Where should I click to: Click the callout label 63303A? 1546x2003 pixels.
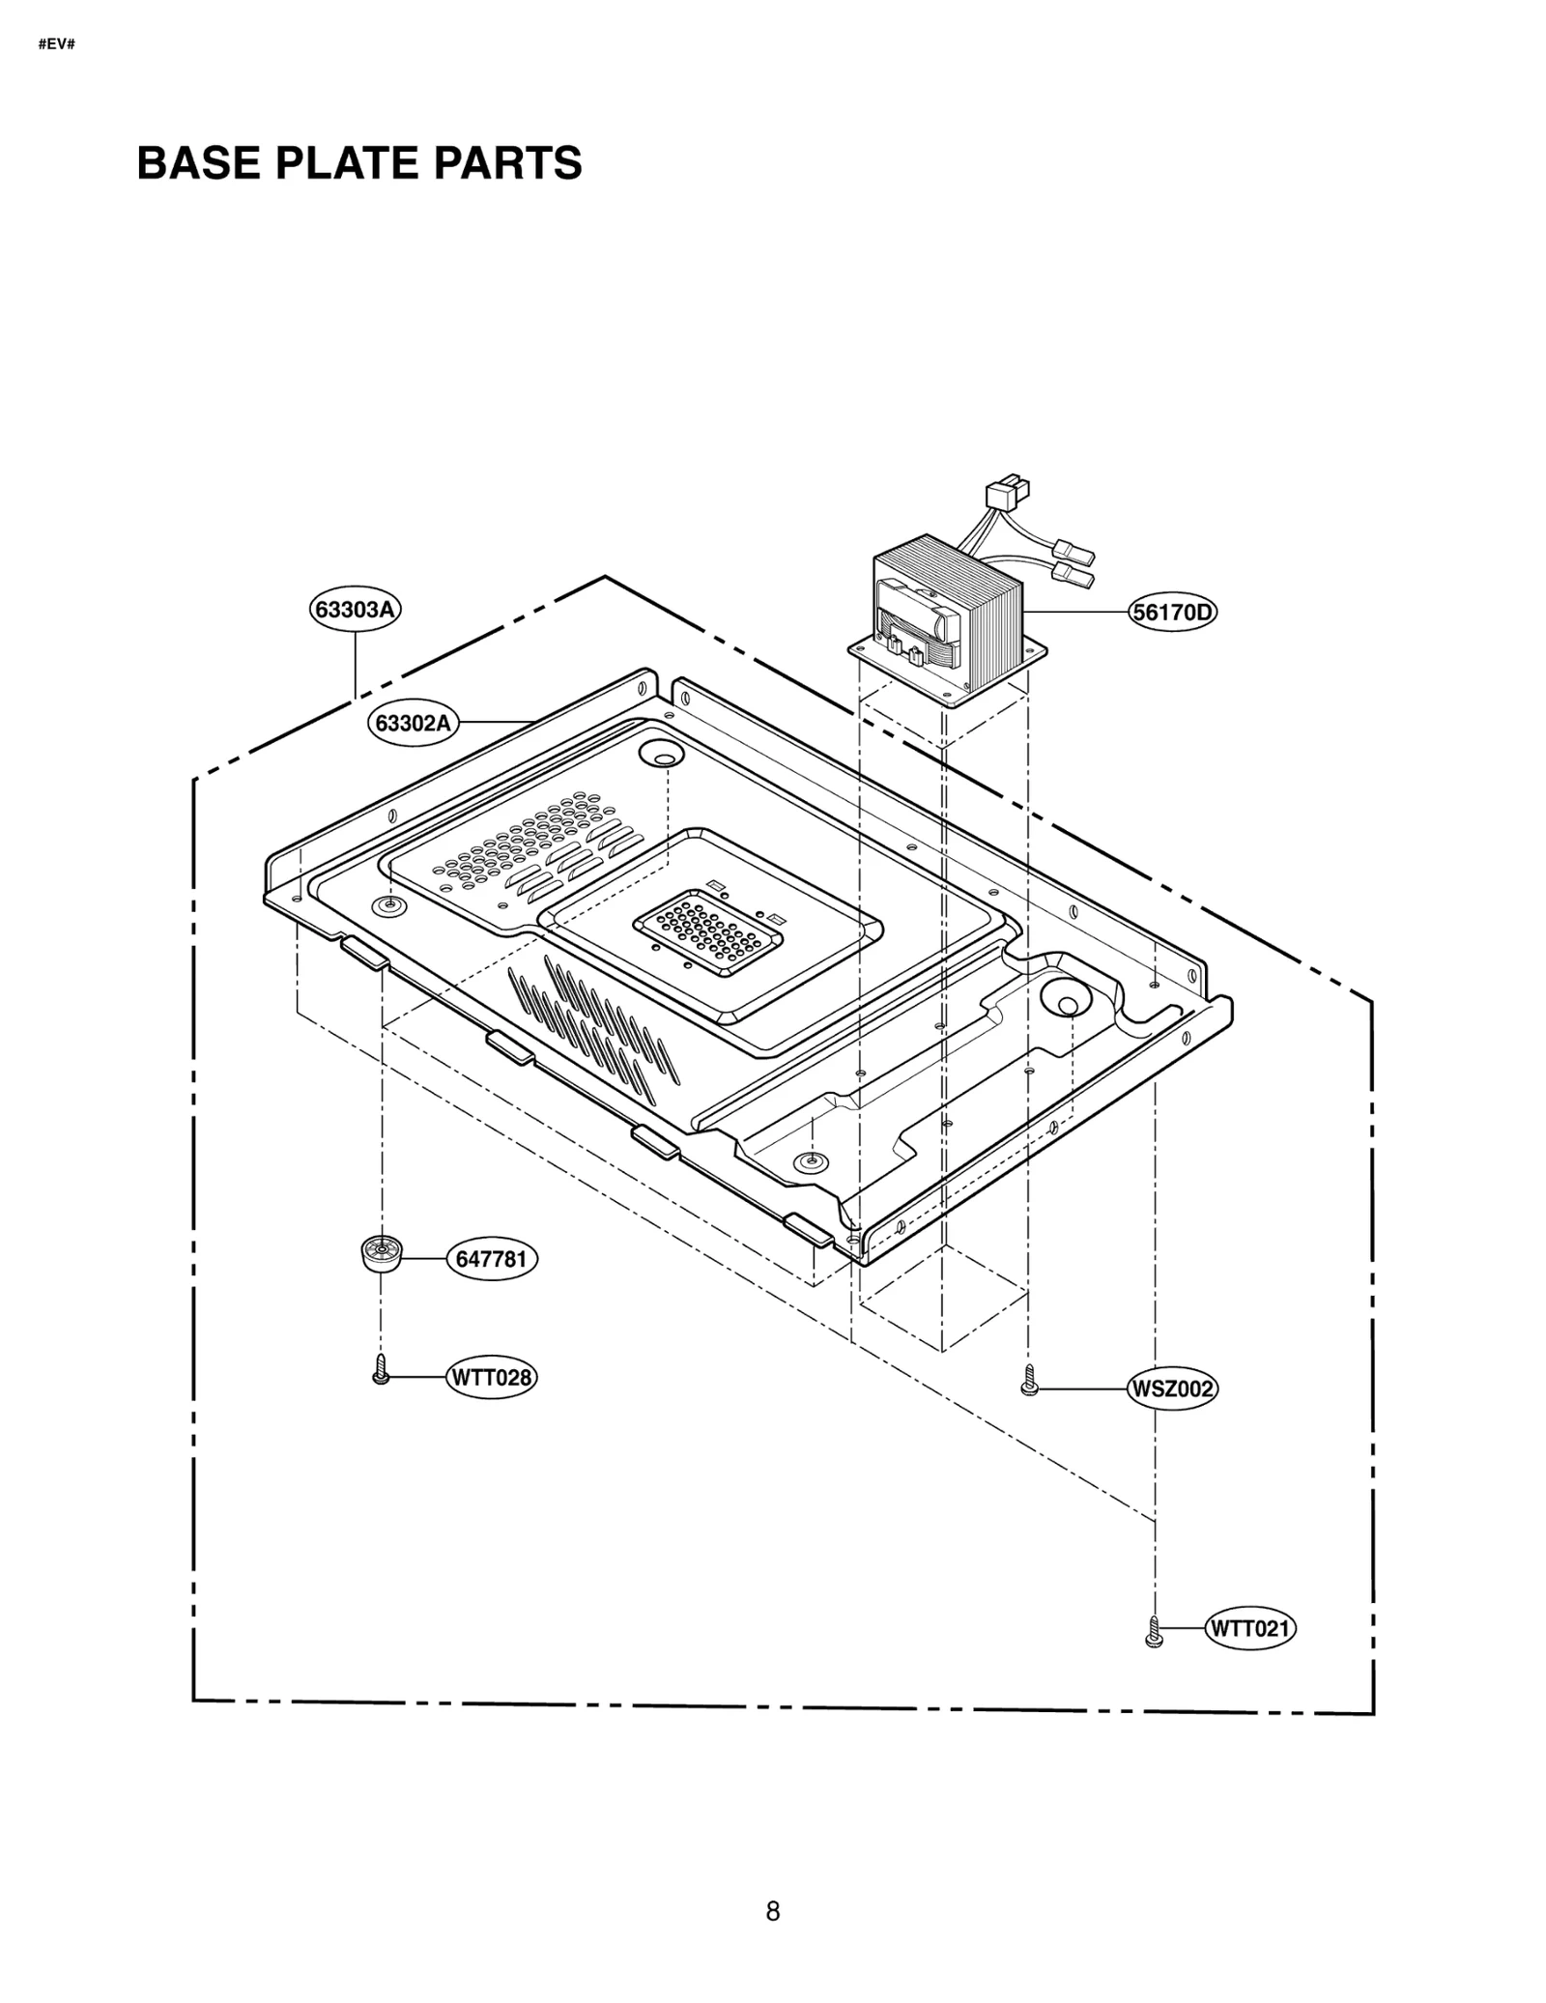point(355,610)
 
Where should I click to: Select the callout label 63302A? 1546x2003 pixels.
point(413,722)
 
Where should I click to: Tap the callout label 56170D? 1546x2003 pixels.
point(1172,613)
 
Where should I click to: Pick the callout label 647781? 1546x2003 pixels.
point(491,1259)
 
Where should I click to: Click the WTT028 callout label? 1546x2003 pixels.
point(491,1377)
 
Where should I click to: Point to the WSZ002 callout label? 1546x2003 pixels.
point(1171,1388)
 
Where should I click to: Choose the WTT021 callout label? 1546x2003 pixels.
point(1250,1628)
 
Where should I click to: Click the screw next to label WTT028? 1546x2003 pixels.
point(381,1369)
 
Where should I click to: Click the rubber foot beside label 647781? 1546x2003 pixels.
point(382,1255)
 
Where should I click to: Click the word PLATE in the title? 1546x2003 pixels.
point(352,162)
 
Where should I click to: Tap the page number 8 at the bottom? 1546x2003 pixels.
point(772,1911)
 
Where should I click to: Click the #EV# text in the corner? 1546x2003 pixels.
point(57,45)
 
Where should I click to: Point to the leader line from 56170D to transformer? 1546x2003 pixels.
point(1075,613)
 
